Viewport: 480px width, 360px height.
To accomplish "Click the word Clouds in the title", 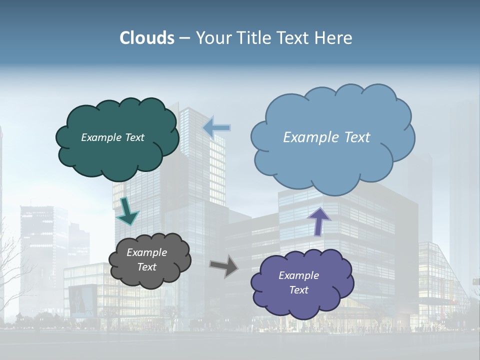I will click(147, 38).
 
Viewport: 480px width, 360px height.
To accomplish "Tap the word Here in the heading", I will click(334, 38).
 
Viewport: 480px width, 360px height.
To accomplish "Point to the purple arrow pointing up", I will click(318, 221).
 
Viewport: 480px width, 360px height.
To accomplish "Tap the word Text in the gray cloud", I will click(146, 267).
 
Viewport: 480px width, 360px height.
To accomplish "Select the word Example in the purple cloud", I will click(298, 275).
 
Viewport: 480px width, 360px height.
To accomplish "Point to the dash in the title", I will click(184, 38).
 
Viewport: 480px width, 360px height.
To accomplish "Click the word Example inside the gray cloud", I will click(146, 252).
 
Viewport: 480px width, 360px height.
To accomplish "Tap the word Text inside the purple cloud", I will click(298, 290).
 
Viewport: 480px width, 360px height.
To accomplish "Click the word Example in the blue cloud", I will click(309, 137).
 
